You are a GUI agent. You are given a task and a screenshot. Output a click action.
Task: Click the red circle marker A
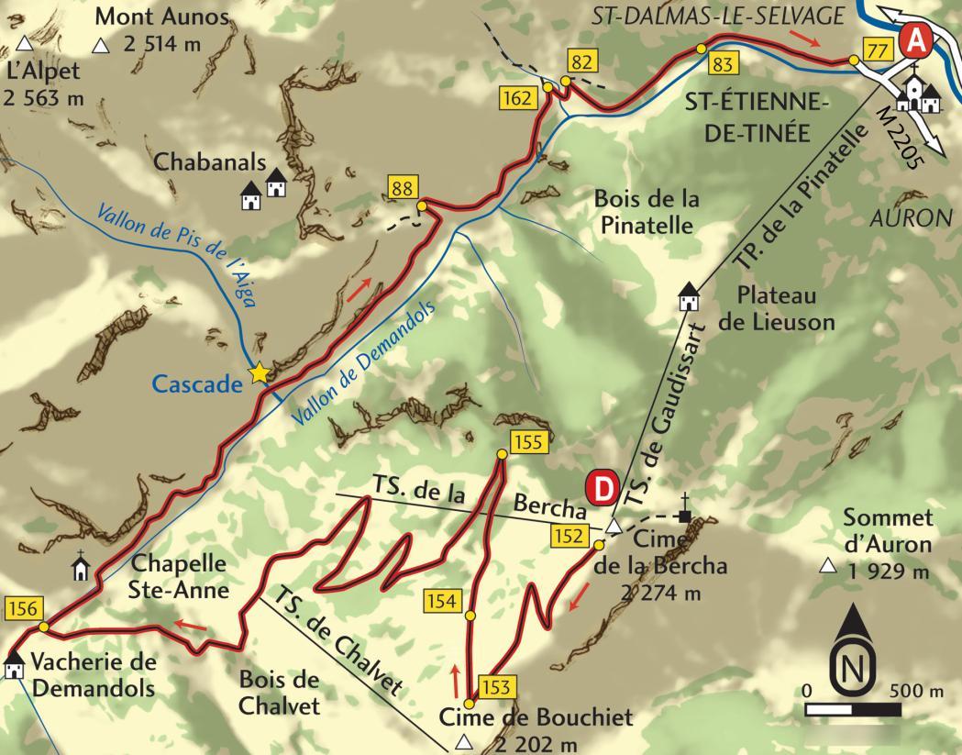click(x=916, y=39)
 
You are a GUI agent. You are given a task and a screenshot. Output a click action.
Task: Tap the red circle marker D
click(x=603, y=488)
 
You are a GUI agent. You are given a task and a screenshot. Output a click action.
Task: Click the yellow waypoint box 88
click(x=402, y=189)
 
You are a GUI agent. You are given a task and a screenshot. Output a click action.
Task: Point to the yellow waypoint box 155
click(x=528, y=442)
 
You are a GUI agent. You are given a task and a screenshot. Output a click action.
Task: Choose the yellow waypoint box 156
click(x=22, y=608)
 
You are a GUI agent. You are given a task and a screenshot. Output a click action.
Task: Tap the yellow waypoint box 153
click(x=492, y=686)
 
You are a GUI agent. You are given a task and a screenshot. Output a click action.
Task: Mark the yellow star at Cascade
click(x=260, y=372)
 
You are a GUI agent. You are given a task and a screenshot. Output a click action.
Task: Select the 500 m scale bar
click(x=853, y=709)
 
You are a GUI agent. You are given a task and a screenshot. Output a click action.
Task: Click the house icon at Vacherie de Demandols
click(x=14, y=664)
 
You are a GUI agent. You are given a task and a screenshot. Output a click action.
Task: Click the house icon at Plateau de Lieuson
click(x=689, y=297)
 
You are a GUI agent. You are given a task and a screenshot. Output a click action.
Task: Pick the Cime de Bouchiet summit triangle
click(x=466, y=741)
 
